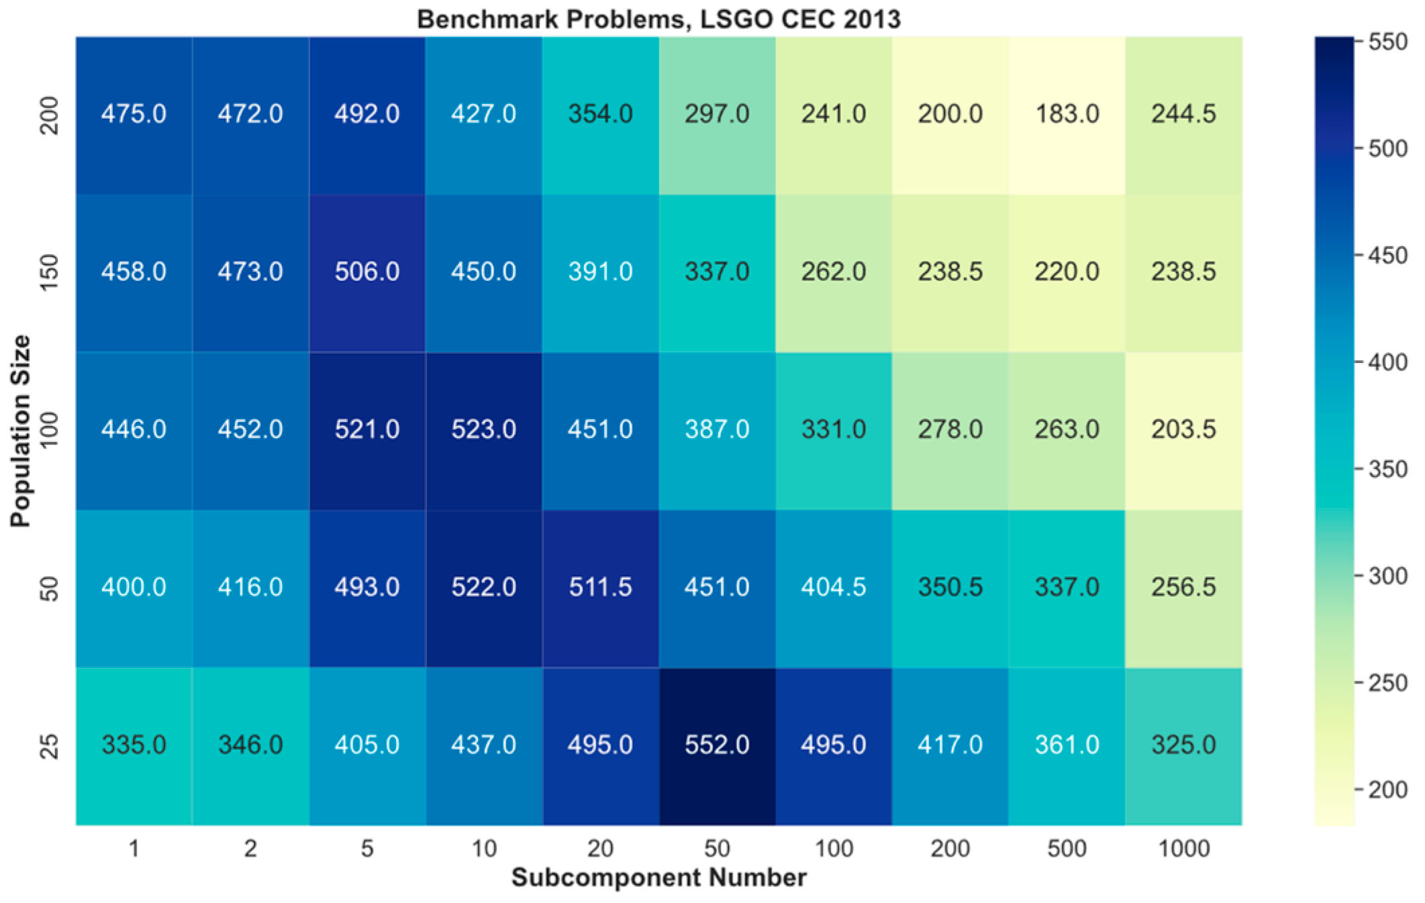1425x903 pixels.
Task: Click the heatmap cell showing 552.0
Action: (717, 745)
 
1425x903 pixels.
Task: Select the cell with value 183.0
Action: (1067, 114)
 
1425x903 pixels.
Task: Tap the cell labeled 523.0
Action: (483, 429)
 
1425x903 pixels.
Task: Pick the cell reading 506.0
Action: (366, 272)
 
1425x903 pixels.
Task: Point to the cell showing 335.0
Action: (134, 745)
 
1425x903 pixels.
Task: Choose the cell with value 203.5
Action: (1183, 429)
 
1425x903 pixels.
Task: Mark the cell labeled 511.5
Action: (600, 588)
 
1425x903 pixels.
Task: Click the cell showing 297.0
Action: (717, 114)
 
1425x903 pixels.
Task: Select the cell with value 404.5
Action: (833, 588)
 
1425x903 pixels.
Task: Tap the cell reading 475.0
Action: (134, 114)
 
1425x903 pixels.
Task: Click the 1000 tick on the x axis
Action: (1183, 849)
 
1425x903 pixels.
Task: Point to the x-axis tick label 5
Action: (366, 849)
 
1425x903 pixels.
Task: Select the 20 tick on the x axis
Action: (600, 849)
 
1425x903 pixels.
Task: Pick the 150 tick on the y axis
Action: (50, 272)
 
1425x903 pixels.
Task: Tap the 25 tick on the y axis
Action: (50, 745)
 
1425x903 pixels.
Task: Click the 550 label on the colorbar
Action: (1387, 42)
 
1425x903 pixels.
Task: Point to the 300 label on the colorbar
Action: (1387, 576)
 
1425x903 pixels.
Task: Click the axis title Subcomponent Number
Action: (658, 878)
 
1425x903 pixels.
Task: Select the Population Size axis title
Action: (20, 431)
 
